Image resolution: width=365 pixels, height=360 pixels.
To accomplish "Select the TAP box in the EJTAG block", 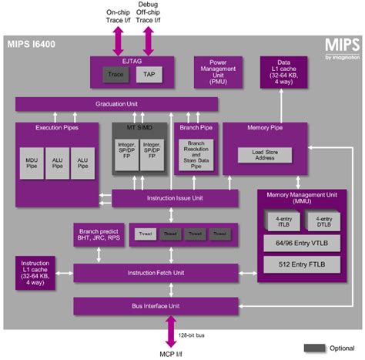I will pos(149,75).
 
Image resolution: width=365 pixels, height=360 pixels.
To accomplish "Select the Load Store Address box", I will pos(263,156).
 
